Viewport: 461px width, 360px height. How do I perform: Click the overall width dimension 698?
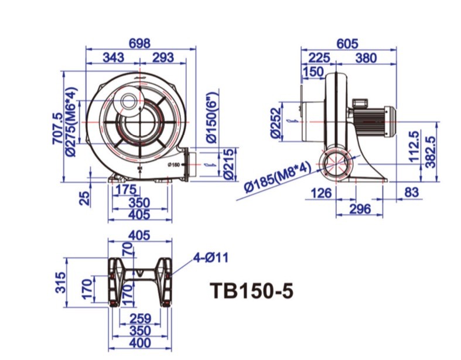click(139, 43)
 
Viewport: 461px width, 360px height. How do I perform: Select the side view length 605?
click(347, 43)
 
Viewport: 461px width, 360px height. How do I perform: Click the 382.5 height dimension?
click(432, 152)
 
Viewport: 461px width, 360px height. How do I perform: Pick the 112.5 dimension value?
click(414, 147)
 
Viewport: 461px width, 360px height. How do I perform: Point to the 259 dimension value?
click(141, 318)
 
